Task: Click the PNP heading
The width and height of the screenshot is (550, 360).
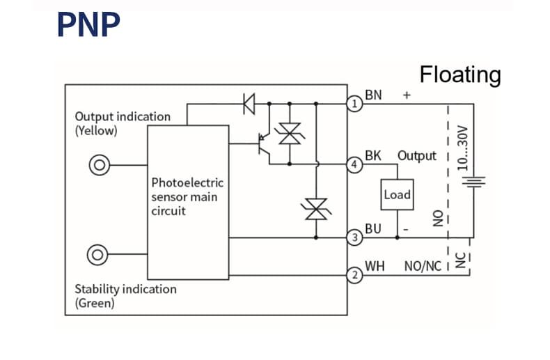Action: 88,24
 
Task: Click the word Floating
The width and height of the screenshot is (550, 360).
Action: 459,75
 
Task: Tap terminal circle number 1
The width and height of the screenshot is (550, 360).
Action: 354,104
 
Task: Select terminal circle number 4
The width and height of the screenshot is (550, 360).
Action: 354,165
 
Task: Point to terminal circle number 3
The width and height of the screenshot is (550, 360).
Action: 354,238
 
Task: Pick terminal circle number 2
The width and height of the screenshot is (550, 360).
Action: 354,275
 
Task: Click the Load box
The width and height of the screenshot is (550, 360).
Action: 397,195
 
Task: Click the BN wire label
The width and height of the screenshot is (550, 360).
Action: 373,95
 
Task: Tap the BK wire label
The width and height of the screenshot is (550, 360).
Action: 373,155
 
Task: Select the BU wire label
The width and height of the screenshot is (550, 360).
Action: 373,228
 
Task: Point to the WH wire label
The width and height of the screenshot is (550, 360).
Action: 375,266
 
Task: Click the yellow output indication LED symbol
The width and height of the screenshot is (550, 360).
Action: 100,165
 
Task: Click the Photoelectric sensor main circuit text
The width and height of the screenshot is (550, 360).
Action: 187,196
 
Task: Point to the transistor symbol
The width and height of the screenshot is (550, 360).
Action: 265,146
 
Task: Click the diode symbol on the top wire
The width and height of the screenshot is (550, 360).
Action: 249,104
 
